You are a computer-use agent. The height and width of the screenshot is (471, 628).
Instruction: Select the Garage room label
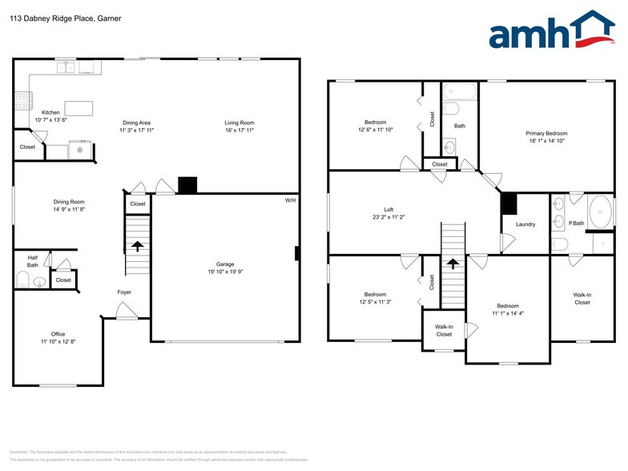click(224, 264)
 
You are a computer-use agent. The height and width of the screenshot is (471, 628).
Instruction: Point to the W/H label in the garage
click(290, 200)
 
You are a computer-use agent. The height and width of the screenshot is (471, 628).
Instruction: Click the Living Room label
click(239, 123)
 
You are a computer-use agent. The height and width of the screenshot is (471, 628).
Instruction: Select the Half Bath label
click(33, 260)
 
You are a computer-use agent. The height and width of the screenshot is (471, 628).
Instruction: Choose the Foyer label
click(124, 292)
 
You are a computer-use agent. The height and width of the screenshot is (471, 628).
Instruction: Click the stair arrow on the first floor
click(138, 247)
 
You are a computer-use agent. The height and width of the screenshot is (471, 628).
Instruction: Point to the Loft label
click(388, 209)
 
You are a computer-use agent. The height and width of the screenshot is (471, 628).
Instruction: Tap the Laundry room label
click(525, 224)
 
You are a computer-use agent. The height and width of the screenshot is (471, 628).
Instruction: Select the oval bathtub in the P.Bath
click(600, 212)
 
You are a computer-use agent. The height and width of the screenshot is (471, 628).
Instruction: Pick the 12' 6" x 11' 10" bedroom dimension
click(376, 130)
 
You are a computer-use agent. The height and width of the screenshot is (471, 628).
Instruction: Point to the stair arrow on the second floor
click(453, 263)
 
